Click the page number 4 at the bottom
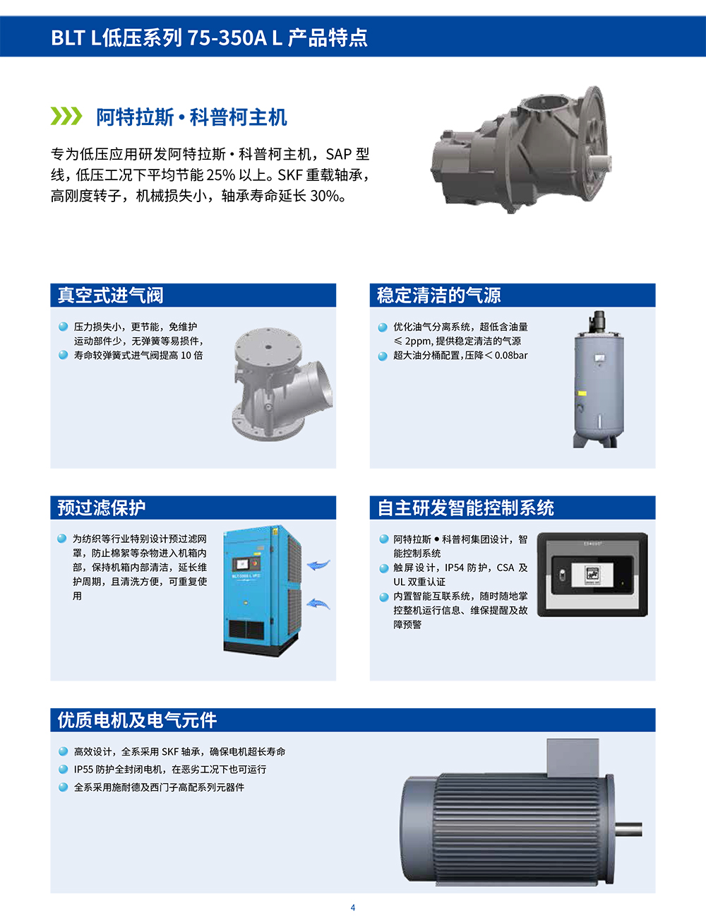pos(353,907)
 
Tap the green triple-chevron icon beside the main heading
pos(66,116)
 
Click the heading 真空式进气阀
pos(110,295)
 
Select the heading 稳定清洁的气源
pos(438,295)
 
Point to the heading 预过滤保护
pos(102,507)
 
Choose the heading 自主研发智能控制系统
pos(465,507)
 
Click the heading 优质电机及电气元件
pos(137,720)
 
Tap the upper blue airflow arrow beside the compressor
pos(318,565)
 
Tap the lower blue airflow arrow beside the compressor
pos(318,603)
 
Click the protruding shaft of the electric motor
pos(628,829)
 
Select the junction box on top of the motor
pos(573,758)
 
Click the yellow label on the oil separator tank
pos(582,394)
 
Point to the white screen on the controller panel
pos(592,575)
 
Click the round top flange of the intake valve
pos(268,345)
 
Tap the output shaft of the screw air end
pos(599,161)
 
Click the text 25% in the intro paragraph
pos(220,175)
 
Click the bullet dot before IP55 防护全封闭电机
pos(64,769)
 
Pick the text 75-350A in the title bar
pos(227,37)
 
